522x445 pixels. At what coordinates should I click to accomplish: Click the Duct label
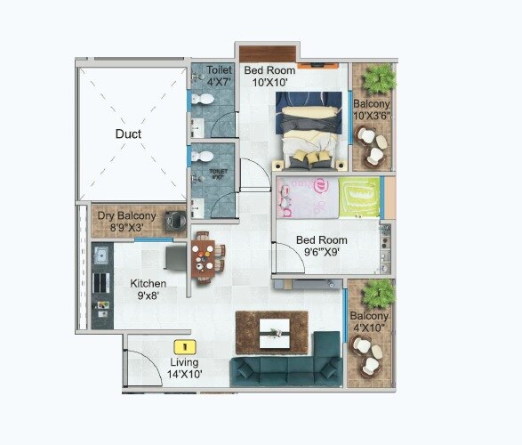128,134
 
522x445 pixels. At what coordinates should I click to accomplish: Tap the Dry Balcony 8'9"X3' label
126,222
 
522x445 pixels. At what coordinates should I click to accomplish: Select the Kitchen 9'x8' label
148,290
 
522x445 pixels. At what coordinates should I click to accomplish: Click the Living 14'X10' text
185,368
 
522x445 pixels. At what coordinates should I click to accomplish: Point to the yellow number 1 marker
184,346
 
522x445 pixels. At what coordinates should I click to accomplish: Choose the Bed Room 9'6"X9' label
322,246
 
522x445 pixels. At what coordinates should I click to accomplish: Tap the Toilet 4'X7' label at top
219,76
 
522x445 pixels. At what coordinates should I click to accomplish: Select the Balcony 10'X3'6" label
372,109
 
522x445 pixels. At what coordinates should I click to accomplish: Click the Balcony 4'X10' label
368,322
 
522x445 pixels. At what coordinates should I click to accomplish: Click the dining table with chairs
205,258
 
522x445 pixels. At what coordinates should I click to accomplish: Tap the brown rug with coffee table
271,333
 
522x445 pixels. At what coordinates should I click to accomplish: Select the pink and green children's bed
326,197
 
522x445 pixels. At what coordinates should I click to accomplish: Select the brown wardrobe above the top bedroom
268,53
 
